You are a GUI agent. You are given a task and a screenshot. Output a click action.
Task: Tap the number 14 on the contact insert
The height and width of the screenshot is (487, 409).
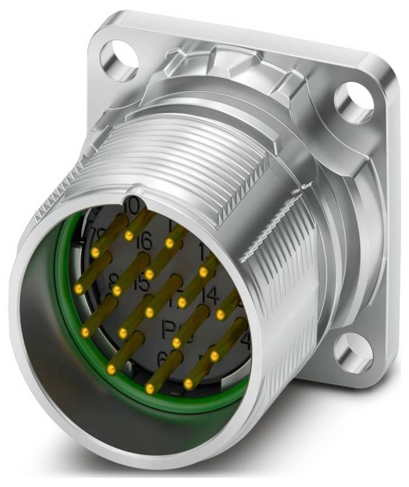pos(210,297)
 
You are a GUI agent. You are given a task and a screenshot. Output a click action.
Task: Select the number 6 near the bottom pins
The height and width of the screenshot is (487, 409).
pos(162,359)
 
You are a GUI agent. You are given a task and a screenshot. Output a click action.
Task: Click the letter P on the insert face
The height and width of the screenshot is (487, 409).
pos(172,330)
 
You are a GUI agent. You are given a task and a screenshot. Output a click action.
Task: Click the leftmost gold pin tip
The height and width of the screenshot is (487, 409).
pos(78,287)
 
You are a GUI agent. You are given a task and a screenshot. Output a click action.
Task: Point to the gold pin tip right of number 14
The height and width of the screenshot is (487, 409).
pos(220,314)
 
